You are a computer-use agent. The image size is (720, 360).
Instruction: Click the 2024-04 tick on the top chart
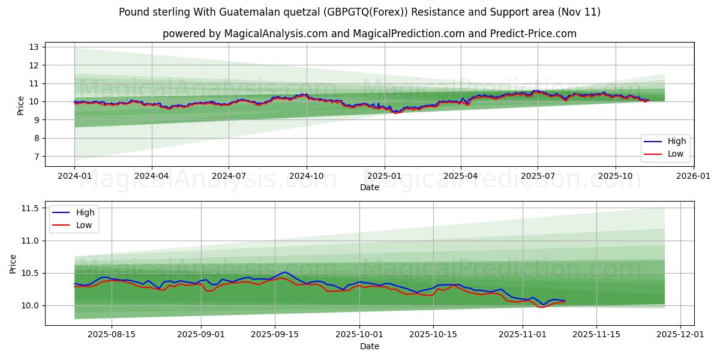tap(151, 176)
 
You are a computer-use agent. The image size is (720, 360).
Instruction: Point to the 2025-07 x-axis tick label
tap(538, 176)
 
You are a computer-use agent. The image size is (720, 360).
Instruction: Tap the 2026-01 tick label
tap(693, 176)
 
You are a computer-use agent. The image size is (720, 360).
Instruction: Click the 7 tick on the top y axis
tap(36, 157)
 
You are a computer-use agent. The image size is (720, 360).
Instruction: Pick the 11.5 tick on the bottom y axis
tap(30, 208)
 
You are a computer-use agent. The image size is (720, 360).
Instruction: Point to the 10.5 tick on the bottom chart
tap(30, 273)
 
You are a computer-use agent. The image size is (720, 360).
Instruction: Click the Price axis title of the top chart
tap(21, 106)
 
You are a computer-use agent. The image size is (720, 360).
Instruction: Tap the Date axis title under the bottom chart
tap(370, 346)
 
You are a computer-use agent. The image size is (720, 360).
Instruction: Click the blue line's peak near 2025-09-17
tap(285, 272)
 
